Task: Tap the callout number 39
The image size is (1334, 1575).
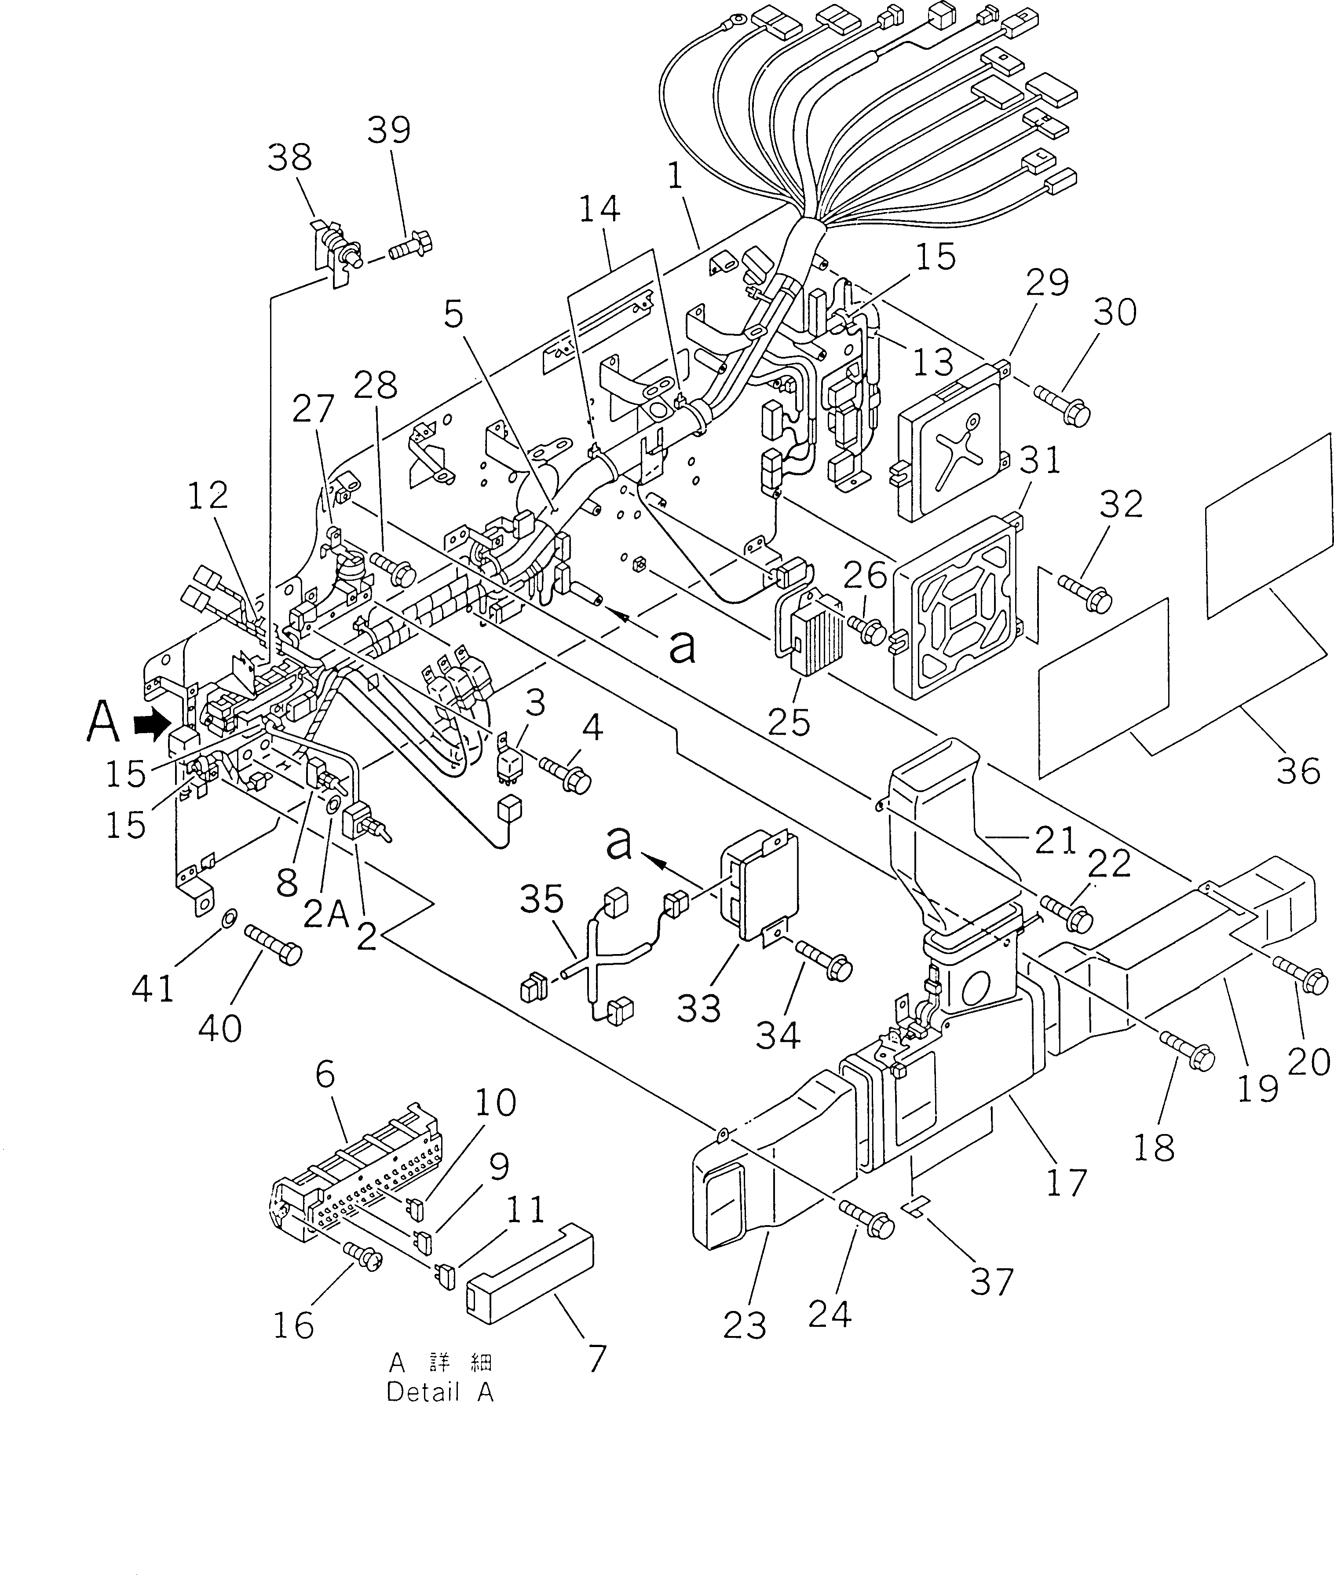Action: click(389, 130)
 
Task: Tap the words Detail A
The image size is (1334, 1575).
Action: click(440, 1393)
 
